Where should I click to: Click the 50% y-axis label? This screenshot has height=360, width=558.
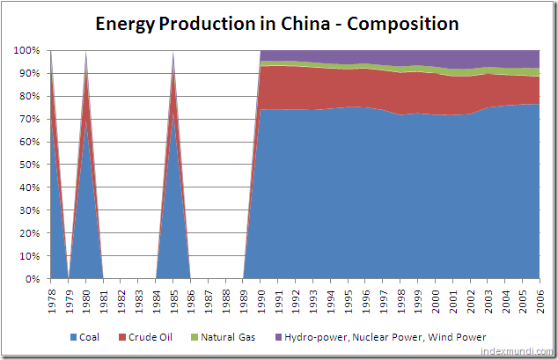pos(29,165)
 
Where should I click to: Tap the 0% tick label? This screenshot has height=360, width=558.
pos(32,279)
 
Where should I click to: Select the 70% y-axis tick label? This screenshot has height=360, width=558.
pos(29,119)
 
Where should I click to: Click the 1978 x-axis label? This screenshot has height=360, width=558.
pos(51,299)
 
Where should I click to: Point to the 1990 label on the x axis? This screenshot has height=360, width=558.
pos(261,299)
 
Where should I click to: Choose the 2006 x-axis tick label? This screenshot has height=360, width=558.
pos(539,299)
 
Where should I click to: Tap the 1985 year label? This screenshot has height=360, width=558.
pos(173,299)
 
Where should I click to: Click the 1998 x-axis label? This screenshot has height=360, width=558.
pos(400,299)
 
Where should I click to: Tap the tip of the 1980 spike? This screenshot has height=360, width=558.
pos(86,53)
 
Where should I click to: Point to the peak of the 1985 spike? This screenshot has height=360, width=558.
pos(173,53)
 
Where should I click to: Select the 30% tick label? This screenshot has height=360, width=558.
pos(29,210)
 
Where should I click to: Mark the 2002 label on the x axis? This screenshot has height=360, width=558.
pos(469,299)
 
